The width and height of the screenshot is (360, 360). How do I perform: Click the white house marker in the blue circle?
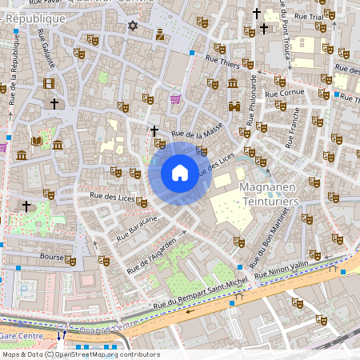180,173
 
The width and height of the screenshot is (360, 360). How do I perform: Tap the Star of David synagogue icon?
133,26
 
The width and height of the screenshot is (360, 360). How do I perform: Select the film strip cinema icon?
49,83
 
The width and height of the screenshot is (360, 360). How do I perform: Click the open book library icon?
36,141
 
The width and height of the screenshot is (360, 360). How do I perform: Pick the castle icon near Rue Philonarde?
234,106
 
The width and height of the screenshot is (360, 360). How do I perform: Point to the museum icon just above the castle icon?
233,83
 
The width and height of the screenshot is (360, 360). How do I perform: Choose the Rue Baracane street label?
136,226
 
